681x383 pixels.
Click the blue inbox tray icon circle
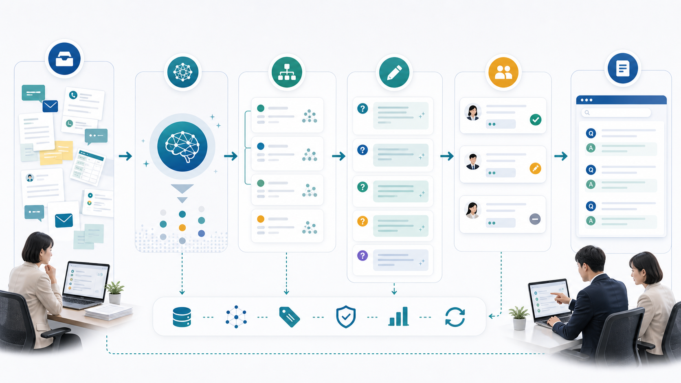[64, 59]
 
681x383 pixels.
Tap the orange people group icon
[503, 72]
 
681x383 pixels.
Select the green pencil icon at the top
[394, 72]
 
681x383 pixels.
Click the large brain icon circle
[182, 147]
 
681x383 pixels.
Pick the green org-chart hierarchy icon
[287, 72]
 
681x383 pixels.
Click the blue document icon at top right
[623, 68]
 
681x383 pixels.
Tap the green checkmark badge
[535, 120]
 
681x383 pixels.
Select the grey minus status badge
[535, 219]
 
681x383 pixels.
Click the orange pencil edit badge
[535, 168]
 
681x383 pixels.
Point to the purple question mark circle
[362, 256]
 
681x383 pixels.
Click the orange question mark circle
[362, 221]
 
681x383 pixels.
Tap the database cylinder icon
[182, 317]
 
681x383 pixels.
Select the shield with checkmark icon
[346, 317]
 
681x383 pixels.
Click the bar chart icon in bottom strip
[399, 316]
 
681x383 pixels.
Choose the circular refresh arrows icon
[455, 317]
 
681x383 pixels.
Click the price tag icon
[289, 317]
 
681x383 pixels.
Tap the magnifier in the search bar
[587, 113]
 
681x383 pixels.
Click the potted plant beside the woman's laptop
[114, 293]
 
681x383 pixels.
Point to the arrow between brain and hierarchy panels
[231, 156]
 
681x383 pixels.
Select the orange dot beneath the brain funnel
[182, 228]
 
